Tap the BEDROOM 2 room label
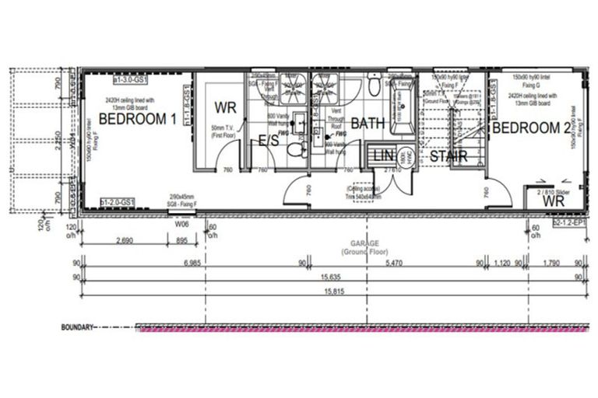coord(537,127)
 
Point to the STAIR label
coord(448,156)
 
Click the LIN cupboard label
coord(382,156)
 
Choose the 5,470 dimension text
coord(396,264)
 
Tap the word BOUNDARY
coord(78,327)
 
